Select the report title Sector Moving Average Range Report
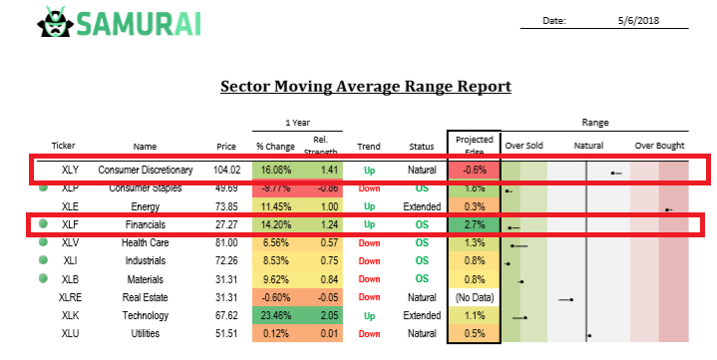tap(365, 87)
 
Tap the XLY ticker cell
tap(70, 171)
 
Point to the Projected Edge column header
tap(474, 145)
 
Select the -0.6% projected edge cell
tap(474, 171)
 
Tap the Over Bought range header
tap(659, 146)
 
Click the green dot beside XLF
tap(44, 225)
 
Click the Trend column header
tap(369, 146)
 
